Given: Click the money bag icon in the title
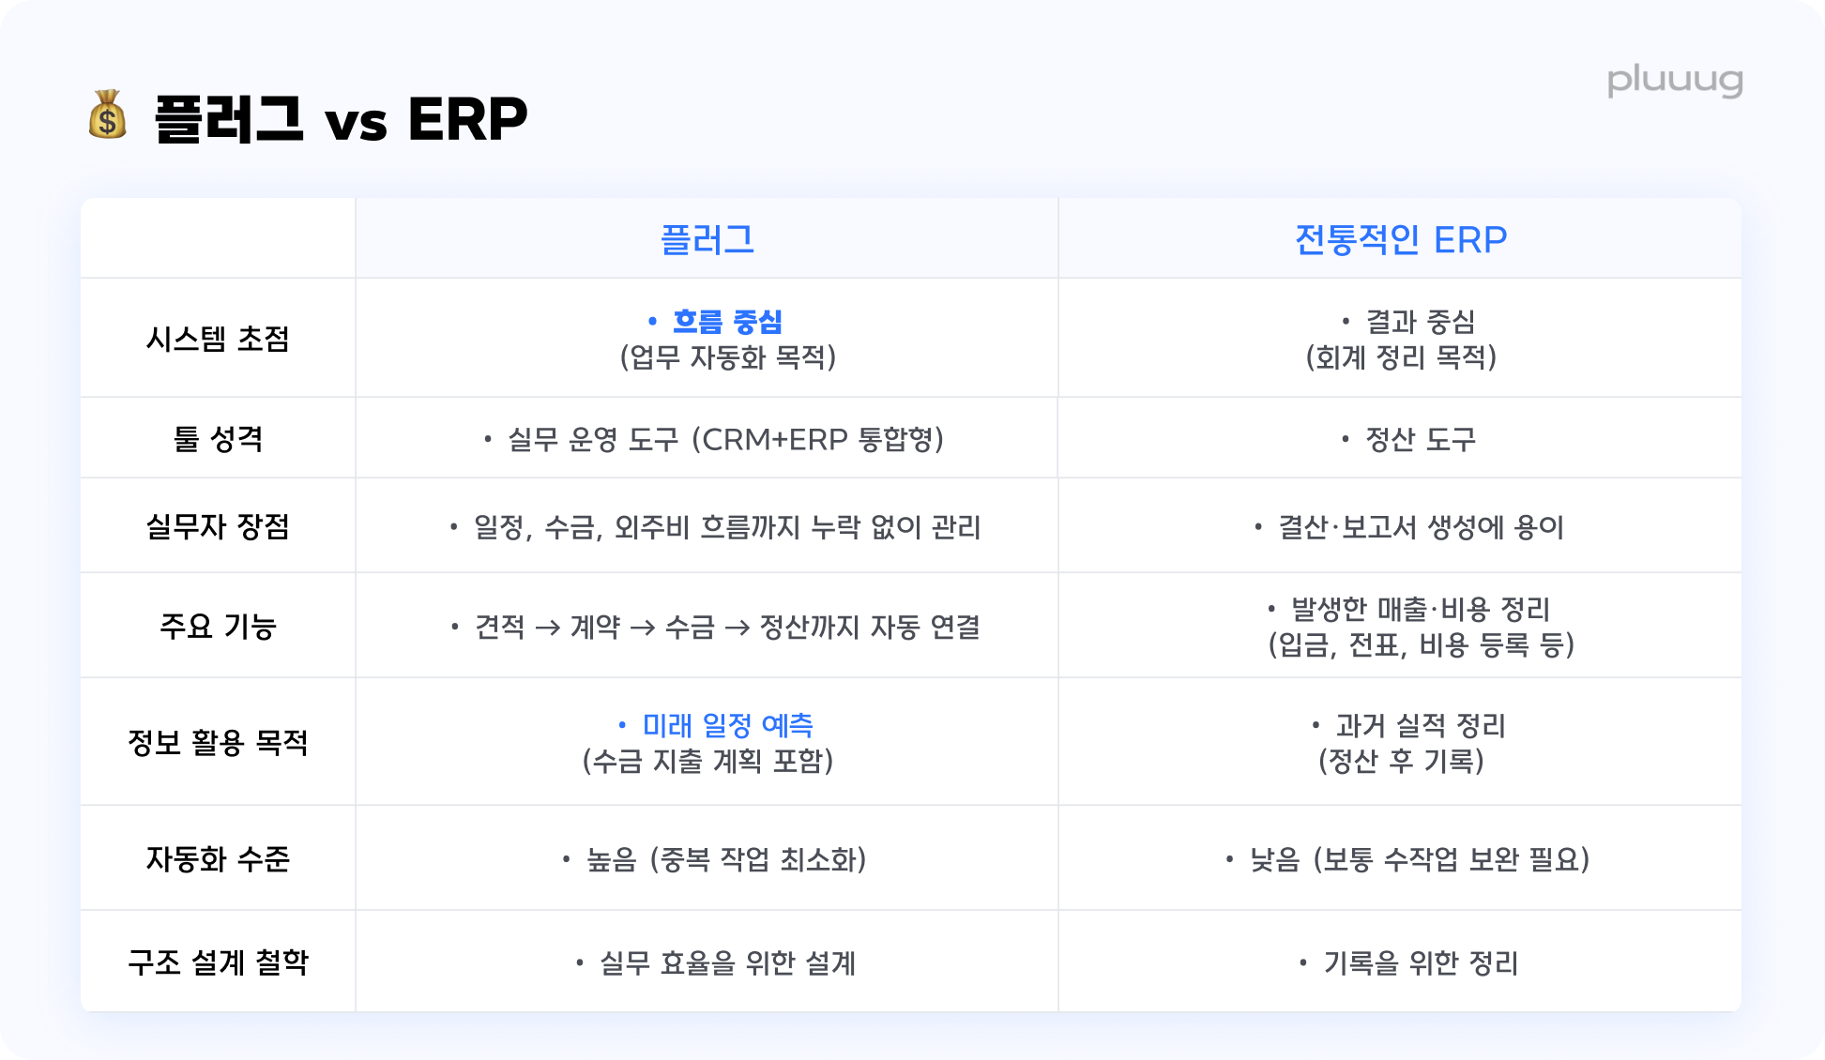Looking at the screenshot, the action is tap(108, 115).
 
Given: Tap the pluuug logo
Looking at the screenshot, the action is tap(1675, 82).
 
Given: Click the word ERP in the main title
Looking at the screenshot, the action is tap(467, 119).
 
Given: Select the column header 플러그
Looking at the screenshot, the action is tap(707, 240).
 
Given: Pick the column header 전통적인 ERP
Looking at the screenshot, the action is tap(1401, 240).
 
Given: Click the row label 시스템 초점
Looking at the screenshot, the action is tap(218, 339).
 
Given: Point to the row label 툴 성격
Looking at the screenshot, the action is tap(218, 438).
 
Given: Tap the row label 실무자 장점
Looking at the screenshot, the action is tap(218, 526).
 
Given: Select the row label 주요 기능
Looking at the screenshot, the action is tap(218, 626).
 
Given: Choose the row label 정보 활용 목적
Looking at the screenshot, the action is tap(218, 742).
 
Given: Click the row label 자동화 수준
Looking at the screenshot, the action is tap(218, 858).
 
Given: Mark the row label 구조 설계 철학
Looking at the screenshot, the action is tap(218, 962).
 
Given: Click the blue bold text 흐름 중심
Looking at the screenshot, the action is tap(728, 322).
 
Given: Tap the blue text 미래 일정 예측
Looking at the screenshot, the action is tap(728, 725).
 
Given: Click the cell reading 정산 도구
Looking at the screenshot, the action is tap(1421, 439).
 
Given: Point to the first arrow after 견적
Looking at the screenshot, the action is tap(548, 628).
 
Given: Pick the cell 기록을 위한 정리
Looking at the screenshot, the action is tap(1421, 962).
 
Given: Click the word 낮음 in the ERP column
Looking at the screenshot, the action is tap(1274, 859).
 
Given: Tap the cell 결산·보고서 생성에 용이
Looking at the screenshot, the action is tap(1421, 527).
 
